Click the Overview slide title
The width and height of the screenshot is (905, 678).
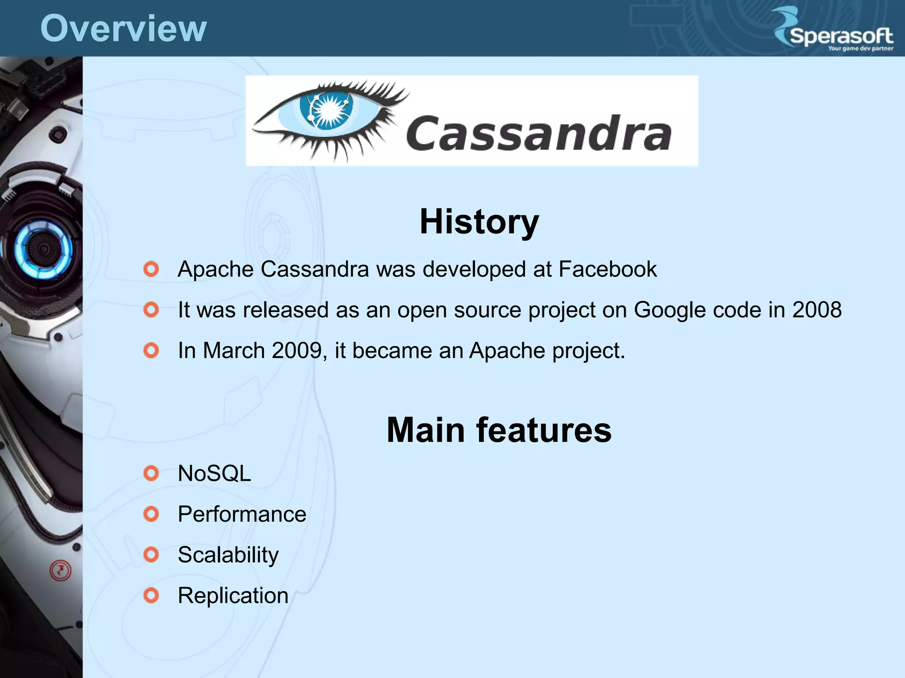(x=123, y=28)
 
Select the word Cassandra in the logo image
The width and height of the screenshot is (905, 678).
(x=538, y=133)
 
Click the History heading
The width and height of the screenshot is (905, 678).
(x=479, y=222)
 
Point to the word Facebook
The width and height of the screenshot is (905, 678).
(x=608, y=269)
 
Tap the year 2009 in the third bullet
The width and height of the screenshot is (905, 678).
(x=297, y=351)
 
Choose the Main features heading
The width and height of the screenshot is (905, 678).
(x=499, y=430)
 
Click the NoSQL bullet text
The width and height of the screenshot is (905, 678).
(x=214, y=474)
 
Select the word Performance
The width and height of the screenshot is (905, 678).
(x=242, y=514)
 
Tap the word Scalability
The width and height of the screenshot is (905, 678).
(x=228, y=555)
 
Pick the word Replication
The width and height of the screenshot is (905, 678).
(x=233, y=595)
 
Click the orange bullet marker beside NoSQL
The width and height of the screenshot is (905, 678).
(x=151, y=473)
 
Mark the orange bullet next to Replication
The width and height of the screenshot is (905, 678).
(x=151, y=595)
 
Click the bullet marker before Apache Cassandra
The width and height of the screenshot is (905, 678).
(x=151, y=269)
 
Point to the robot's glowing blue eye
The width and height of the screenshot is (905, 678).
(x=43, y=249)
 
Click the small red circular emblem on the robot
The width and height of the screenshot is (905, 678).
(x=61, y=571)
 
